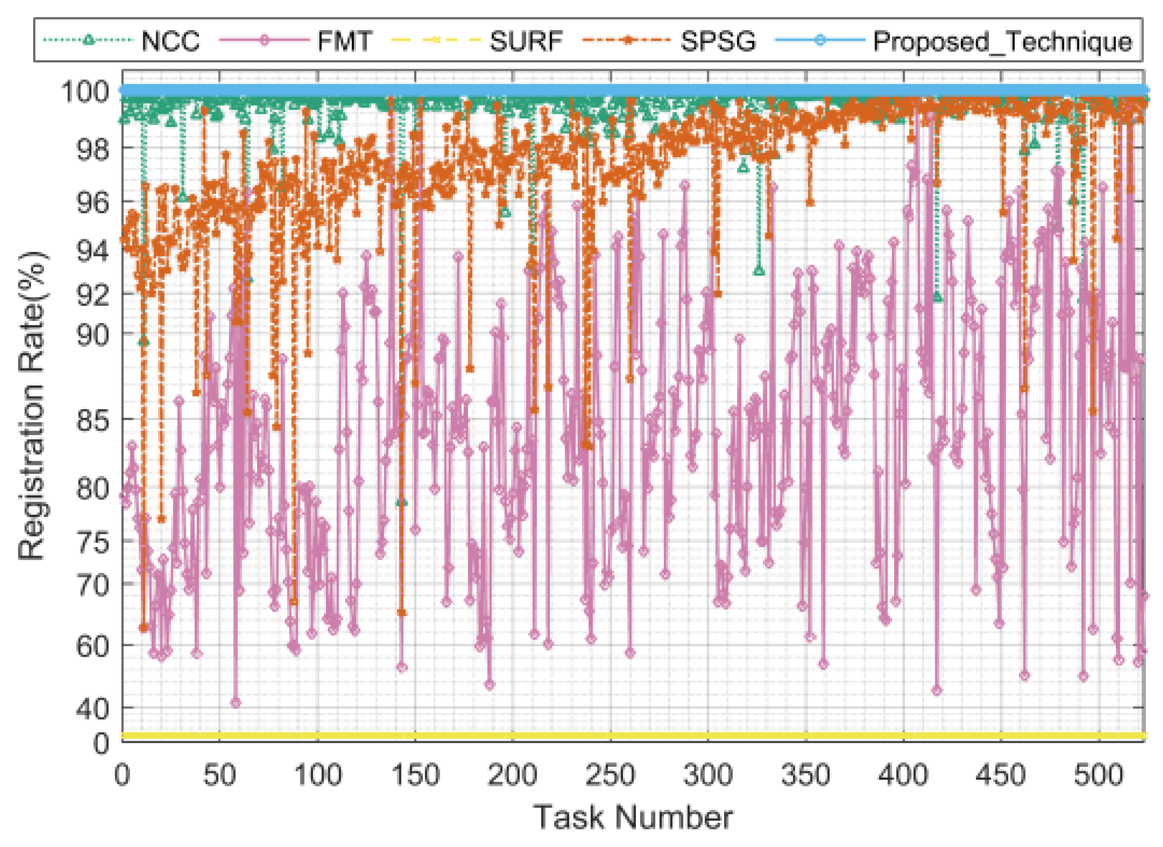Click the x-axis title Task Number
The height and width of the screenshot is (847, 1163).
tap(633, 817)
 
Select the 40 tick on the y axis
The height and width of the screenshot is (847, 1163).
tap(93, 709)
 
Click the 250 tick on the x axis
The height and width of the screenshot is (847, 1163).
tap(610, 775)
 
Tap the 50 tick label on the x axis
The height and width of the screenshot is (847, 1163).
tap(220, 775)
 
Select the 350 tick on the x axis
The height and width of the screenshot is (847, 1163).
tap(806, 775)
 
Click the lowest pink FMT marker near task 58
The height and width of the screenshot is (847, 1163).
tap(235, 703)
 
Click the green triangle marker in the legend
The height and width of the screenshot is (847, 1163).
tap(88, 40)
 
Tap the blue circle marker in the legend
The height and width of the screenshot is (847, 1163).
tap(819, 40)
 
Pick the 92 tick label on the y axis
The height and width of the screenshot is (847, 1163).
tap(93, 294)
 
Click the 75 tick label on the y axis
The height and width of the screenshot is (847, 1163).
tap(93, 542)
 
